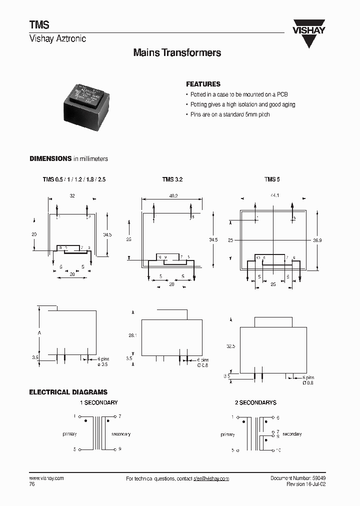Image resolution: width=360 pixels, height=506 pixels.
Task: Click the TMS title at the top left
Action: (38, 24)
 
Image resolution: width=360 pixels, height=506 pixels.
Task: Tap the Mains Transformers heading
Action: (177, 53)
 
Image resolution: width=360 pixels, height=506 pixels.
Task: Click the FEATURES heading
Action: (203, 84)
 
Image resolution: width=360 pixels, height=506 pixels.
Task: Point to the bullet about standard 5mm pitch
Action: (230, 114)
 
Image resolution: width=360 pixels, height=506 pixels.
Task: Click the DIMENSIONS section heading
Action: (50, 158)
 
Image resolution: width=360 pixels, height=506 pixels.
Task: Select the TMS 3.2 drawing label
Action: (168, 179)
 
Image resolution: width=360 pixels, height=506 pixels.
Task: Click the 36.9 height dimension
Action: (317, 240)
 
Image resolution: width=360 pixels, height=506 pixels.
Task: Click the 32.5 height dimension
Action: (230, 345)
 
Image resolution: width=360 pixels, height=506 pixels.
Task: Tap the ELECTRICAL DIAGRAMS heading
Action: (68, 392)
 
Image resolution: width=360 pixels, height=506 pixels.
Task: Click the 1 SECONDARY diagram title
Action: (99, 402)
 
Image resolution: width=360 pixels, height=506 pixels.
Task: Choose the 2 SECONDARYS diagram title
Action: (255, 402)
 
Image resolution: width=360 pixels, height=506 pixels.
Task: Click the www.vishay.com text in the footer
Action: (46, 478)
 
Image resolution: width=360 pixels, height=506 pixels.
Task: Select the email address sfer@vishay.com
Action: (211, 478)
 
